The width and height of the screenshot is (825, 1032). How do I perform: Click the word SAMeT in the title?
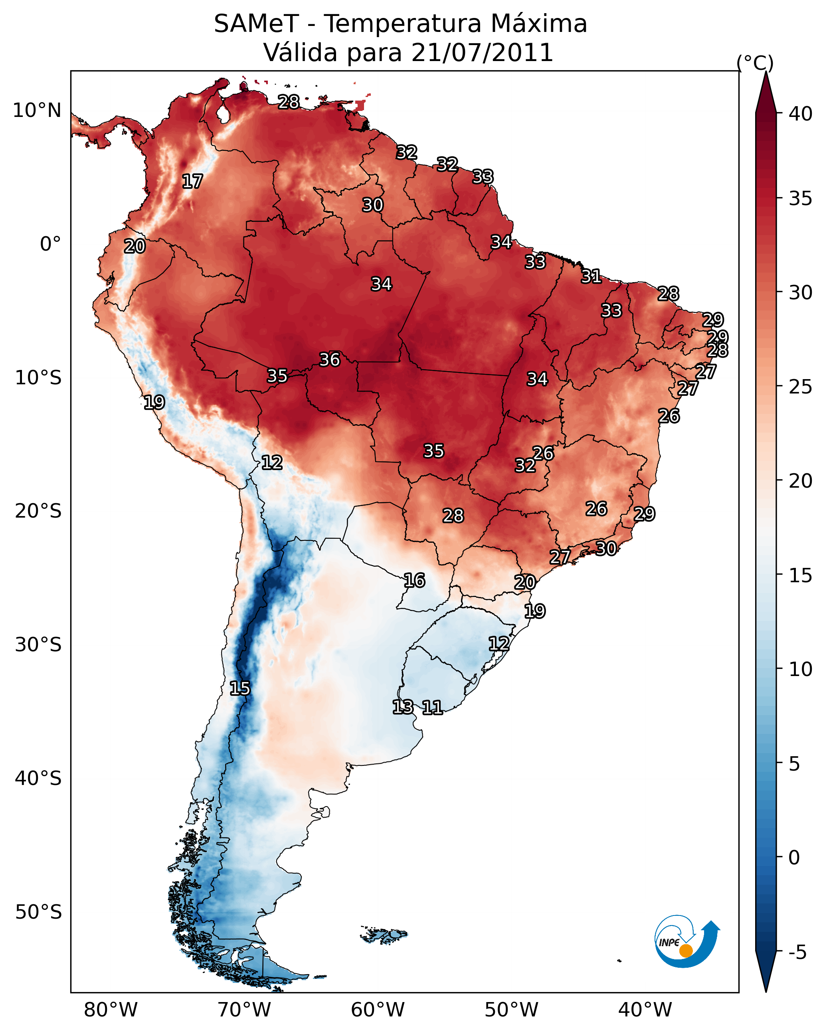click(x=256, y=24)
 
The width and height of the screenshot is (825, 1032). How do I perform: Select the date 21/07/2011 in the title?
click(x=482, y=53)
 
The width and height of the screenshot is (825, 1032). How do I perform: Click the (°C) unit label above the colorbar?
click(x=755, y=63)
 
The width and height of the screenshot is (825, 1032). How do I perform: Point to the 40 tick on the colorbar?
click(x=801, y=114)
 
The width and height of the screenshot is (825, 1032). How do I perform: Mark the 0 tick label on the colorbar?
click(x=794, y=858)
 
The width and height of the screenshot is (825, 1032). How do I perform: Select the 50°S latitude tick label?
click(x=38, y=912)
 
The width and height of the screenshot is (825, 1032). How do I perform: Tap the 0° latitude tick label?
click(x=50, y=244)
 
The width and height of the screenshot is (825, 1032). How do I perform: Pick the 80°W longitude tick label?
click(x=111, y=1010)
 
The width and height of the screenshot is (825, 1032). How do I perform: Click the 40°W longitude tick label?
click(x=645, y=1010)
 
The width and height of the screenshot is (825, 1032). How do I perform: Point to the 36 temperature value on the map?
click(x=329, y=360)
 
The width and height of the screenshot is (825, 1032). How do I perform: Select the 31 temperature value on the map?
click(x=592, y=276)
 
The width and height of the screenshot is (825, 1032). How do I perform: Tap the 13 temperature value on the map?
click(x=403, y=706)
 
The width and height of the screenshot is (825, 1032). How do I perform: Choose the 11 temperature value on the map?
click(x=432, y=708)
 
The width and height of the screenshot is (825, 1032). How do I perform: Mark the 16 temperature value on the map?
click(x=414, y=581)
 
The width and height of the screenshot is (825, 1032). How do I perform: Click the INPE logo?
click(x=686, y=941)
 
